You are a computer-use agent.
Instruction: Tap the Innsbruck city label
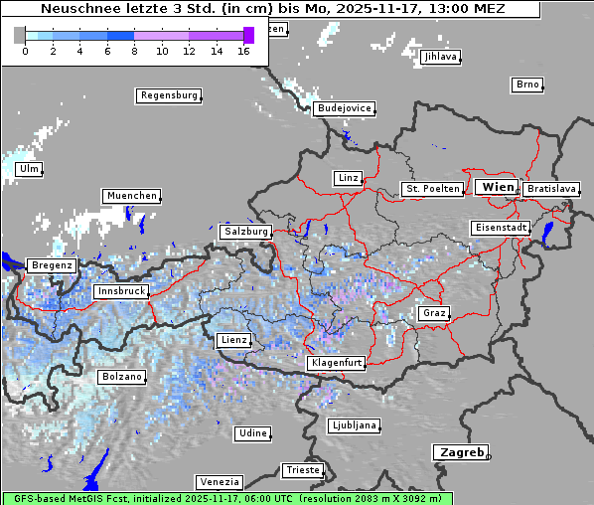click(121, 292)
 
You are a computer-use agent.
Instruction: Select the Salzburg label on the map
click(245, 232)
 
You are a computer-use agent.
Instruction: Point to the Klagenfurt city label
click(335, 363)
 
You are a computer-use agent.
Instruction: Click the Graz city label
click(433, 313)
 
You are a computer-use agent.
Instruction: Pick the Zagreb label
click(460, 452)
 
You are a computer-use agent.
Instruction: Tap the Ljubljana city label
click(354, 426)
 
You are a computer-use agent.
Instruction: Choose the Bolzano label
click(122, 377)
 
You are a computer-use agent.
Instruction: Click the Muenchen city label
click(131, 196)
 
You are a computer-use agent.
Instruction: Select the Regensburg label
click(168, 95)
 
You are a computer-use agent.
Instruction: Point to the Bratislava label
click(551, 188)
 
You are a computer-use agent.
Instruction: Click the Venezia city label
click(218, 481)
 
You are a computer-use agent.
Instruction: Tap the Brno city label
click(527, 84)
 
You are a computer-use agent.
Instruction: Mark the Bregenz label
click(52, 265)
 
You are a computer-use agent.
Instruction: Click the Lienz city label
click(233, 340)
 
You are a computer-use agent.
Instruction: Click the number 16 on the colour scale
click(243, 51)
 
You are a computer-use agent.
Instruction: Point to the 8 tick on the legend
click(134, 51)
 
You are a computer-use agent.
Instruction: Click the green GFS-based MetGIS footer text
click(227, 498)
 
